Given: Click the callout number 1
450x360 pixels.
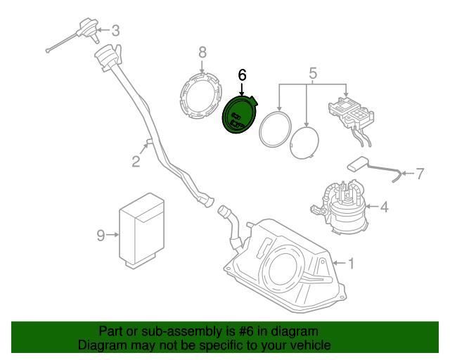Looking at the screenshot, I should [x=352, y=263].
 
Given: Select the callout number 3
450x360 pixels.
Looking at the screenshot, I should [x=115, y=30].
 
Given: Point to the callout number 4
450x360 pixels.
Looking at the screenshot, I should [x=383, y=207].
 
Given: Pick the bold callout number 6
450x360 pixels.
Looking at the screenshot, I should [x=243, y=74].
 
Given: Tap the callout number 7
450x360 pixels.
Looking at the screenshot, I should [x=420, y=173].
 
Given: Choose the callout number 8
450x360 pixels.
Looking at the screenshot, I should [x=202, y=52].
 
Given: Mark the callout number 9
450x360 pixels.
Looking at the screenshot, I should [x=101, y=236].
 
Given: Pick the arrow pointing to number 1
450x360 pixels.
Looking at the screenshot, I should [x=337, y=263].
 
